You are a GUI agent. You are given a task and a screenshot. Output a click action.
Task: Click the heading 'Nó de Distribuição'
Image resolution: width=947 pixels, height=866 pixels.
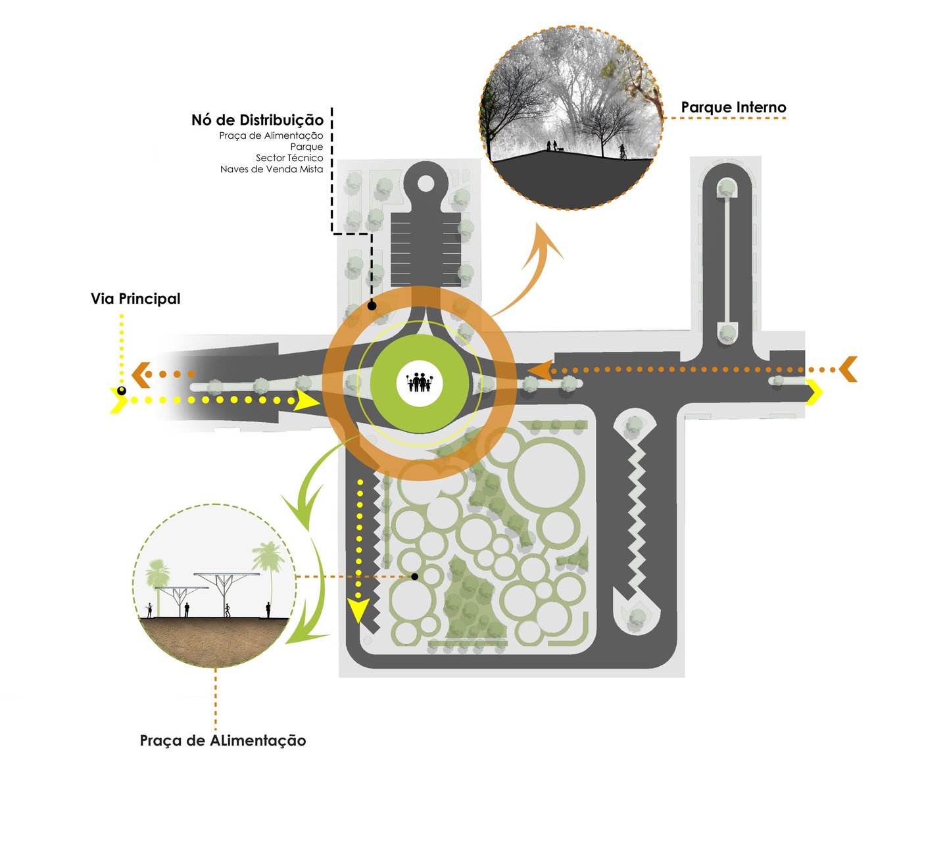(x=257, y=120)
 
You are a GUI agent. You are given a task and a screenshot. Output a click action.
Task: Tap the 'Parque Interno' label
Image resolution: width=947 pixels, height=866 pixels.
(x=733, y=107)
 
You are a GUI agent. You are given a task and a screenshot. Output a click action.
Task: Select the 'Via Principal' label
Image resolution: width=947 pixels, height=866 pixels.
(x=135, y=299)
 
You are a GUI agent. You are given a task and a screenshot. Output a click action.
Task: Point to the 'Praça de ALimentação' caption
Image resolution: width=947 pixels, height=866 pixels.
(x=223, y=741)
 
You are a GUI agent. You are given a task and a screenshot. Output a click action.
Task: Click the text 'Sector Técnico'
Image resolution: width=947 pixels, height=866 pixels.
(x=289, y=158)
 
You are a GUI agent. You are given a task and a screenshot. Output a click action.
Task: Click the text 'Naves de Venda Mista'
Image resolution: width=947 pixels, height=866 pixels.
(x=272, y=170)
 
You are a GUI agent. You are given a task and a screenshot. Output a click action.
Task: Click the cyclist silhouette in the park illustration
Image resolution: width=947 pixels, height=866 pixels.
(x=622, y=151)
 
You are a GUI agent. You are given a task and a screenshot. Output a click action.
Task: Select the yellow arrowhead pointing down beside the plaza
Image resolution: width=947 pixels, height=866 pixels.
(x=357, y=611)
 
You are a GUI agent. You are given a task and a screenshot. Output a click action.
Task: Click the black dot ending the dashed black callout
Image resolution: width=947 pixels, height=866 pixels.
(x=372, y=306)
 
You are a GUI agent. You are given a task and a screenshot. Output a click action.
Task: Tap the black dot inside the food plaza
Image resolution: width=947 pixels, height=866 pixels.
(x=414, y=577)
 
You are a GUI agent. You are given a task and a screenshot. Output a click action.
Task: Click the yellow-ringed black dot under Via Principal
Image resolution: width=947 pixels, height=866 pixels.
(x=122, y=391)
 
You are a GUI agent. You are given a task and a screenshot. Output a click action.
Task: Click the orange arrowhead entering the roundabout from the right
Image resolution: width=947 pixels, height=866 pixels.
(x=541, y=371)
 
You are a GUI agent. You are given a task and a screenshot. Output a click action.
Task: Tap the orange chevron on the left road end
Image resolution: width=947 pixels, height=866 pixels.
(x=141, y=375)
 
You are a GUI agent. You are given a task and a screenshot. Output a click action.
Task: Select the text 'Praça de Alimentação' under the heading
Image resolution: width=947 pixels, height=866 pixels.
(x=271, y=135)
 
